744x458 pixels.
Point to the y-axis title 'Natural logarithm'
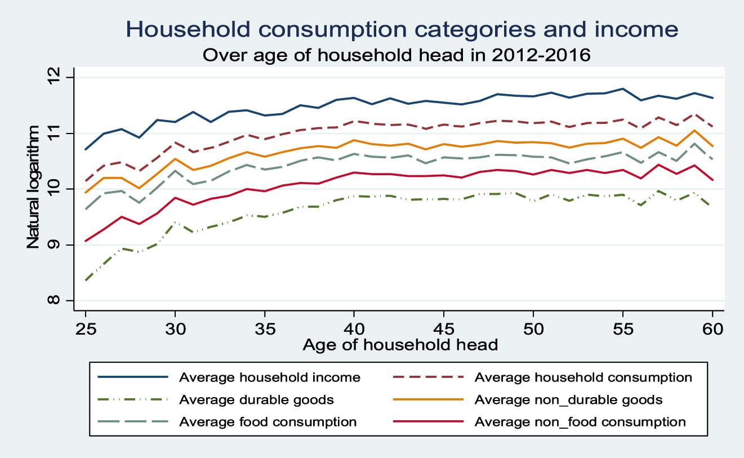click(33, 189)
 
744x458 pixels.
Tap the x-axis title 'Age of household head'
click(400, 344)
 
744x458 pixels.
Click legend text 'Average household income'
click(270, 377)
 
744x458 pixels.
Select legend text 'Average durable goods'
click(256, 400)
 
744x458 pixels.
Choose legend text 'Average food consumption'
click(268, 422)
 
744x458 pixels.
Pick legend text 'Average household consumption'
click(583, 377)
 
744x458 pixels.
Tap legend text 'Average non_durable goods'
click(569, 400)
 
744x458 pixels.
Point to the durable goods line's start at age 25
click(86, 280)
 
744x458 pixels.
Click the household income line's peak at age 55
click(622, 89)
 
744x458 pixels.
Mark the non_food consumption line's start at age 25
click(86, 241)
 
